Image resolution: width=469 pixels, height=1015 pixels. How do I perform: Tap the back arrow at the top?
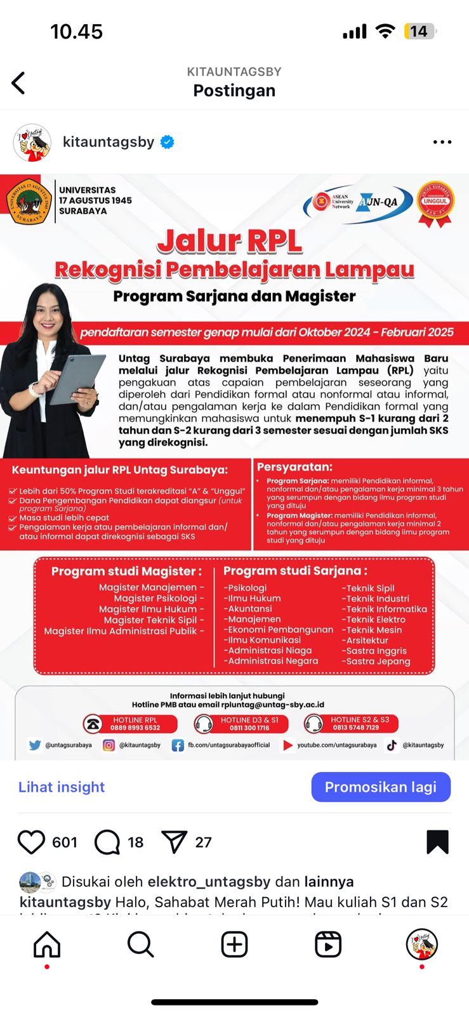click(19, 83)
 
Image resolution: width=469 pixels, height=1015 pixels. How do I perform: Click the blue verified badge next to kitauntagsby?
click(168, 142)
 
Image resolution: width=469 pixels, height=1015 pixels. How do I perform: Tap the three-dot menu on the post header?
click(442, 142)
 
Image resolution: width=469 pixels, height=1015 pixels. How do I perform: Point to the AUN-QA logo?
click(380, 202)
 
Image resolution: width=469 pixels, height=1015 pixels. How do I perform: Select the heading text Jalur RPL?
click(230, 241)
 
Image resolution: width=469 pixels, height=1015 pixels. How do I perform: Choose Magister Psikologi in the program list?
click(159, 598)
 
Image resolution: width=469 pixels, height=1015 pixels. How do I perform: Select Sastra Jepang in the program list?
click(378, 661)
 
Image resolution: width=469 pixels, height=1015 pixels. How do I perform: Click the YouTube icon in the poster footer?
click(288, 745)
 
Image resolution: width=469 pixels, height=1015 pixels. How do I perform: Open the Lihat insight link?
click(62, 787)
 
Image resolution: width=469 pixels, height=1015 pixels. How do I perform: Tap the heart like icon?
click(31, 842)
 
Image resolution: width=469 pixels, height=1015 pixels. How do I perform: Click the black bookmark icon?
click(437, 842)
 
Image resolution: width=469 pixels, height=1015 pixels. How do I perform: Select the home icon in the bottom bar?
click(47, 945)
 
